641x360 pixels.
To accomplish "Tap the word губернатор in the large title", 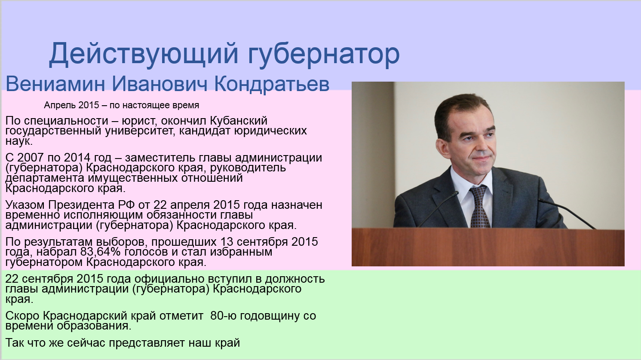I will (x=324, y=54).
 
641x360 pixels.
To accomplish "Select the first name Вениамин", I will (x=55, y=84).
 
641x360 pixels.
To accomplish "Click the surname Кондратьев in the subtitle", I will (x=271, y=84).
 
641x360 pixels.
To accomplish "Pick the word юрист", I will (x=139, y=121).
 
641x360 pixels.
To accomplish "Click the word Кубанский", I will (x=237, y=121).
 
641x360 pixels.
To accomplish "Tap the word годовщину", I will (x=269, y=316).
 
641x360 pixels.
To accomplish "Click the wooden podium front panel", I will (x=488, y=247).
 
